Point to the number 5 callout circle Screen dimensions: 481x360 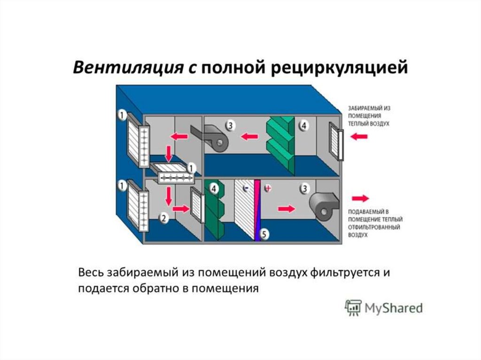click(264, 233)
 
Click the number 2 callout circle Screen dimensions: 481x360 click(163, 217)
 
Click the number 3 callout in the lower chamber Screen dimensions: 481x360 click(304, 188)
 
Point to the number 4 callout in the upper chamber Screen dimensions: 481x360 click(303, 126)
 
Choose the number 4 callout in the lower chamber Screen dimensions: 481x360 click(214, 189)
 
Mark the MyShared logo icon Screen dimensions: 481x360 click(353, 307)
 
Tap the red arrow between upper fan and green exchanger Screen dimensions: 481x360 click(250, 137)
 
